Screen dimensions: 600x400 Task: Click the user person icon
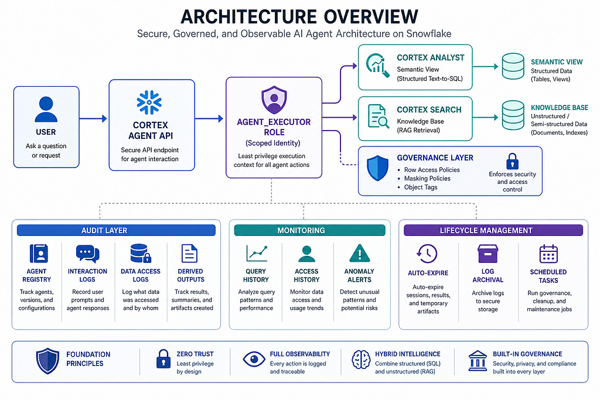click(46, 110)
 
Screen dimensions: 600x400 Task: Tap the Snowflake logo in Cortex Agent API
click(149, 102)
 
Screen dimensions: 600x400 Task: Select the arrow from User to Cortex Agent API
click(93, 118)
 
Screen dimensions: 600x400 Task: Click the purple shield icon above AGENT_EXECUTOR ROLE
click(274, 100)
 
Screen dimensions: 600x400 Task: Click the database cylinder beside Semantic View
click(513, 66)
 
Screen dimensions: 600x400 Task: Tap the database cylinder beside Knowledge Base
click(513, 115)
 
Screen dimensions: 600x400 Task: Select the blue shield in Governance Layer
click(378, 168)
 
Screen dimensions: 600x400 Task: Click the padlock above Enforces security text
click(512, 161)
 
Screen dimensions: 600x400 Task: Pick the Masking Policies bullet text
click(427, 179)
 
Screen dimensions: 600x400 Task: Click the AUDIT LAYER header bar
click(117, 230)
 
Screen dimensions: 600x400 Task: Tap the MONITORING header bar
click(309, 230)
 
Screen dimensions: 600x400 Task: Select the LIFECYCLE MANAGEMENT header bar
click(493, 230)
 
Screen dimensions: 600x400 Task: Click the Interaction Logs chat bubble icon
click(88, 254)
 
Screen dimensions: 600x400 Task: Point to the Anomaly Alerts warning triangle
click(360, 253)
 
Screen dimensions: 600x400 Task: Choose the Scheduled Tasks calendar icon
click(548, 254)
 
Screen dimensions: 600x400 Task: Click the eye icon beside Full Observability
click(254, 359)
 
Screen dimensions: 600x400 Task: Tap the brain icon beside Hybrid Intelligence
click(361, 360)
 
